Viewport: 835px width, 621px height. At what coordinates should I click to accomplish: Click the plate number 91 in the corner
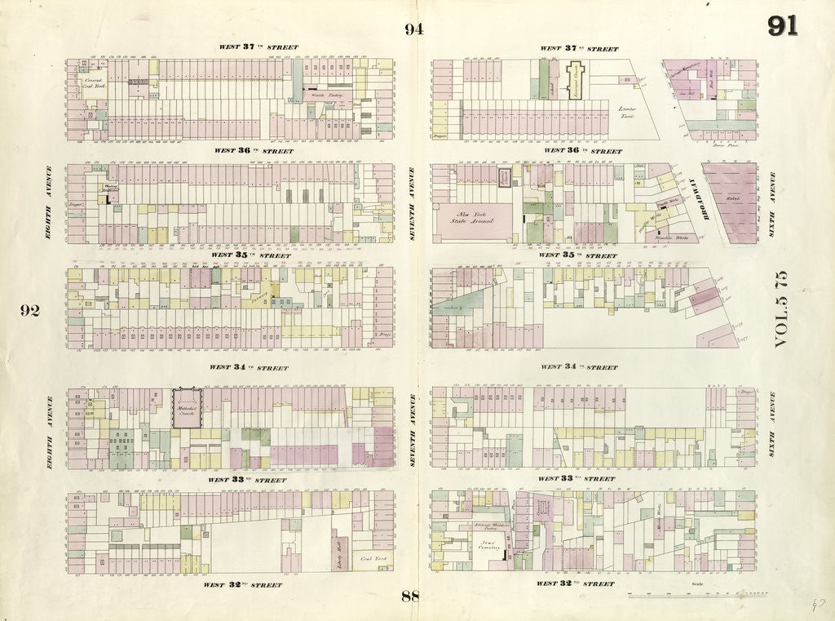click(782, 26)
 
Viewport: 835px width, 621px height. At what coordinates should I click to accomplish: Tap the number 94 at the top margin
click(414, 30)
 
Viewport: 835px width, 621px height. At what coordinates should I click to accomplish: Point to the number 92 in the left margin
click(30, 310)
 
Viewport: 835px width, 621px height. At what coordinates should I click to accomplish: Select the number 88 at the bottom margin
click(410, 597)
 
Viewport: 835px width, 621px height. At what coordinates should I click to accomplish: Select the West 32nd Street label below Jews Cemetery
click(575, 584)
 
